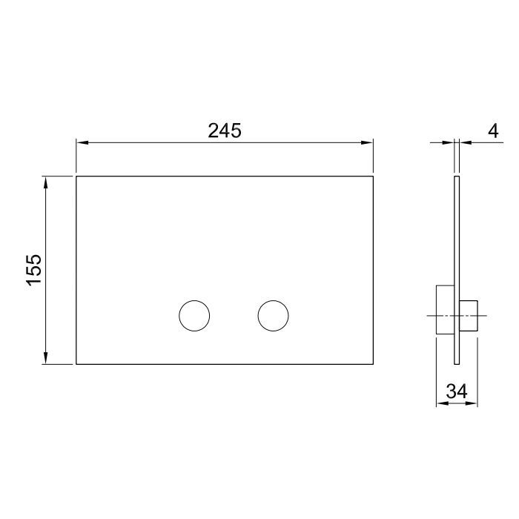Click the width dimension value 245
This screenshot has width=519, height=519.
[x=225, y=130]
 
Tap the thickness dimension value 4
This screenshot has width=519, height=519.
[x=493, y=131]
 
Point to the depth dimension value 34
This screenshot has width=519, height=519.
[x=457, y=391]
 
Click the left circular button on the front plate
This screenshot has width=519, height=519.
[x=194, y=316]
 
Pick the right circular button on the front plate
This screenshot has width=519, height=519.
[x=273, y=316]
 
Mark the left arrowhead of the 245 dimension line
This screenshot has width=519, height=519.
[x=81, y=142]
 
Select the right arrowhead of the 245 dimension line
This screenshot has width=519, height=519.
[x=368, y=142]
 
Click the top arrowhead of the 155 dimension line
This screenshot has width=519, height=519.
[x=47, y=181]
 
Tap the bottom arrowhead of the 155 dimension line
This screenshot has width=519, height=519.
[x=47, y=360]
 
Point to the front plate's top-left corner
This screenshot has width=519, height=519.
[x=76, y=176]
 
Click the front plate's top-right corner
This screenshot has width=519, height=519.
[x=373, y=176]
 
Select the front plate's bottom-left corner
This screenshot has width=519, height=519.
[x=76, y=364]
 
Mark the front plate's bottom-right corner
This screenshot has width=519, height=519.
[x=373, y=364]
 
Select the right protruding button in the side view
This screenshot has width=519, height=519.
[x=469, y=317]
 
